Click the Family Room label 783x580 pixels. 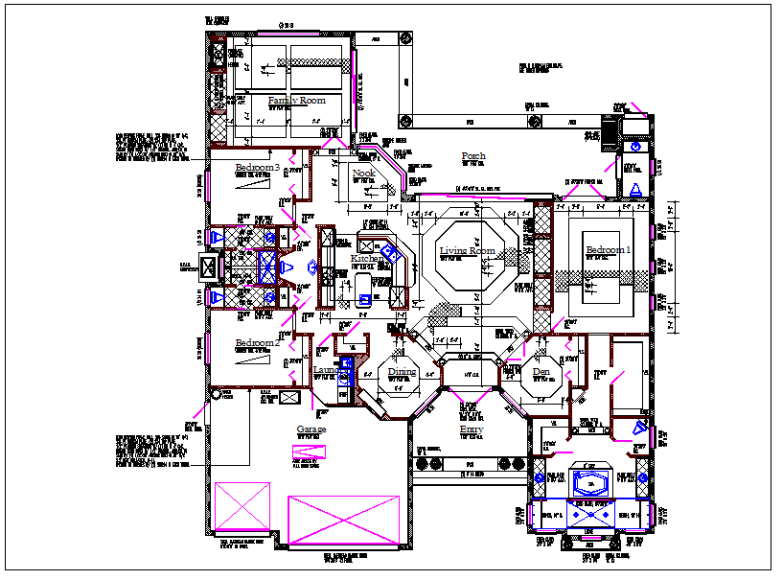296,101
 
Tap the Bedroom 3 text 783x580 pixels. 257,169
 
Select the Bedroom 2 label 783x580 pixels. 257,342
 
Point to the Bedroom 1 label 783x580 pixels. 609,250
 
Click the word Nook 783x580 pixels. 363,174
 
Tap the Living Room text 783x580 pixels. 467,251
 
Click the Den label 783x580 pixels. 541,371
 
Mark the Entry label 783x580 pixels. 471,429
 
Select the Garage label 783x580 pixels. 311,429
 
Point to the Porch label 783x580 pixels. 473,156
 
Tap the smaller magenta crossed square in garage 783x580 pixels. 242,506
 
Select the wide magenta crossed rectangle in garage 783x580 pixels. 342,522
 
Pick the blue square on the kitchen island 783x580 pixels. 365,299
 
